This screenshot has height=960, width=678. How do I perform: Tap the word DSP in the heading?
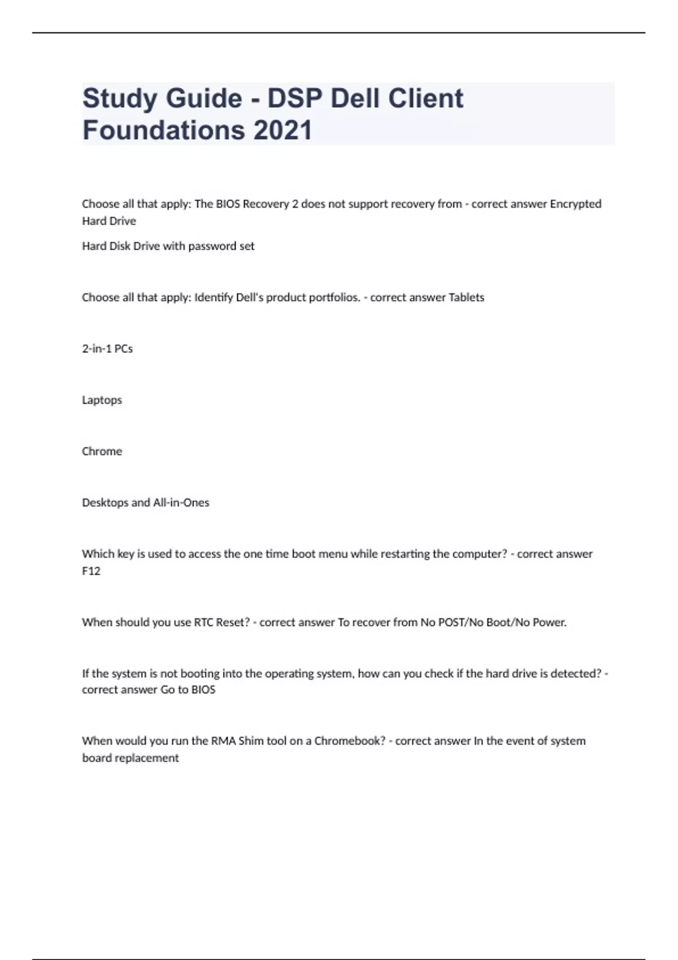[x=294, y=98]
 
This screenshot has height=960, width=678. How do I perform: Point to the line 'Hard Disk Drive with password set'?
[x=168, y=246]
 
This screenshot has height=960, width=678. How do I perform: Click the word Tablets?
[x=466, y=298]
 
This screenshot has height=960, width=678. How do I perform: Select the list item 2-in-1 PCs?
[x=107, y=349]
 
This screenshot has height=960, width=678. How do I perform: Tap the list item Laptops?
[x=102, y=400]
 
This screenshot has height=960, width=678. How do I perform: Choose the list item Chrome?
[x=102, y=451]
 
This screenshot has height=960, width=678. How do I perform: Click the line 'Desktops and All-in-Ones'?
[x=145, y=503]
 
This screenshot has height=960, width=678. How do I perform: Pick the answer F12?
[x=91, y=571]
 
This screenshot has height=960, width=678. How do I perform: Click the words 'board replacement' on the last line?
[x=130, y=758]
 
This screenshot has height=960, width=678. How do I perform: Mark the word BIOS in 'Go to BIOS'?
[x=203, y=690]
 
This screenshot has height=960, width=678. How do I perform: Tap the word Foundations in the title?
[x=163, y=130]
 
